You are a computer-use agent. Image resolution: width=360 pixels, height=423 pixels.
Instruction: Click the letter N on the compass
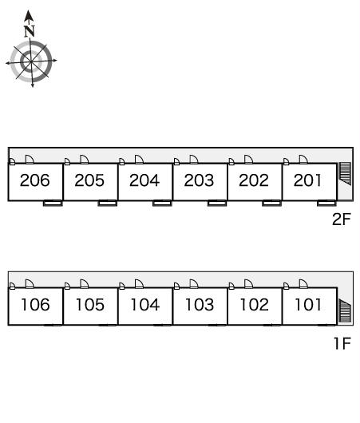pos(30,31)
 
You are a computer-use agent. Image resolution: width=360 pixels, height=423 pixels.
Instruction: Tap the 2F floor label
pos(342,219)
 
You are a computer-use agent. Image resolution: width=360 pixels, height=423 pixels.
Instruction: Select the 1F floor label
pos(342,343)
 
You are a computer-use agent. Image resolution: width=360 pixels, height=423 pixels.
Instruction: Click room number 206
pos(35,180)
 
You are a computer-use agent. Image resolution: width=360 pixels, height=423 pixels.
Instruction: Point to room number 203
pos(199,180)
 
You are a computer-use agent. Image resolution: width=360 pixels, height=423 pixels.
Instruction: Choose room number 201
pos(307,180)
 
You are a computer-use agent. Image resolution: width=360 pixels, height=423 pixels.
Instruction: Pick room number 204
pos(144,180)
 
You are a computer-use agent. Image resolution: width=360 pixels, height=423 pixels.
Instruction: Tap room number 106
pos(35,305)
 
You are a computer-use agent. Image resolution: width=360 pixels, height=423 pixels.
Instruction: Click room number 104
pos(145,305)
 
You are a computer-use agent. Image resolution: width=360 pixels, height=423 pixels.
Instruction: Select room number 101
pos(308,305)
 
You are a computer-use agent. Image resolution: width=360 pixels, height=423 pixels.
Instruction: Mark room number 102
pos(254,305)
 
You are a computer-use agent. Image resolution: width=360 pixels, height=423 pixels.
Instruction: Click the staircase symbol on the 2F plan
pos(345,173)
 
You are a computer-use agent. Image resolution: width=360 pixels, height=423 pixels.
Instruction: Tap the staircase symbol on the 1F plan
pos(345,310)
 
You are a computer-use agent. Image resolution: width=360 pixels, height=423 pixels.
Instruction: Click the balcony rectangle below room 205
pos(108,203)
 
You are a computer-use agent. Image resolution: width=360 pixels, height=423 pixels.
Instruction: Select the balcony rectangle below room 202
pos(271,203)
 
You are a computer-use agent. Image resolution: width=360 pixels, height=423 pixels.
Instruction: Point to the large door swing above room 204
pos(139,160)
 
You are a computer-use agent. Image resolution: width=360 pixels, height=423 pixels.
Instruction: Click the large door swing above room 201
pos(303,160)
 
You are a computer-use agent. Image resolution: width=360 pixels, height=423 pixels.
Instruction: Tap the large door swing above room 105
pos(84,284)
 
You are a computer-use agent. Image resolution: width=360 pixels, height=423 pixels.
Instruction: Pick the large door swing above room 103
pos(194,284)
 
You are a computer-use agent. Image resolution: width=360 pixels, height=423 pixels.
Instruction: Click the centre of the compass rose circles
pos(31,61)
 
